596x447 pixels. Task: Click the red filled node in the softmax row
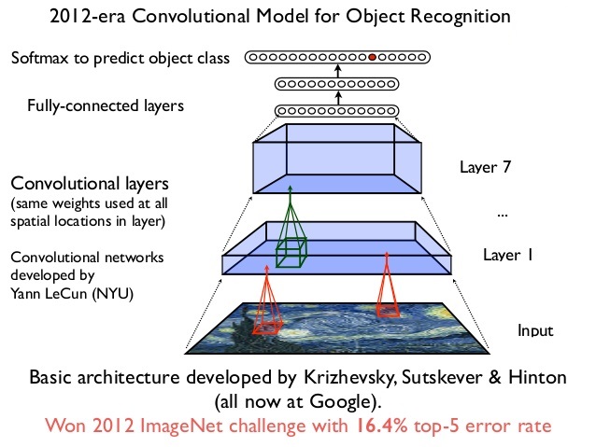[x=372, y=57]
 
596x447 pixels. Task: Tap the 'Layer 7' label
[x=486, y=167]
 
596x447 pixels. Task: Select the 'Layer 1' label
[x=508, y=255]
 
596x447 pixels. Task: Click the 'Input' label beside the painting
[x=535, y=330]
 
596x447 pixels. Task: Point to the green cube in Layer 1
[x=291, y=252]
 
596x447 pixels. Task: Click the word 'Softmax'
[x=40, y=58]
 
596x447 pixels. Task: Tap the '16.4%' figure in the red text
[x=382, y=426]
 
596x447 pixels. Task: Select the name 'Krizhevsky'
[x=349, y=378]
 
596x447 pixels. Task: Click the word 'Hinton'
[x=537, y=378]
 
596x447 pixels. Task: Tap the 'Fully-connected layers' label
[x=106, y=106]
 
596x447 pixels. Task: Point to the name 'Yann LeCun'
[x=49, y=294]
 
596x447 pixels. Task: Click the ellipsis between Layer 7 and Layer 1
[x=503, y=216]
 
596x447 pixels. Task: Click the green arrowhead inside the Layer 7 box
[x=291, y=189]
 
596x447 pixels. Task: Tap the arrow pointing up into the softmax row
[x=338, y=71]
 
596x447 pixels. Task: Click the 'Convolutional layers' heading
[x=90, y=184]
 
